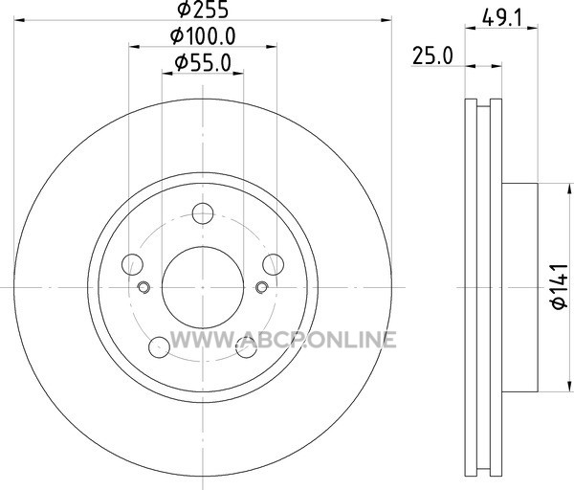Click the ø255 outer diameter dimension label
[203, 10]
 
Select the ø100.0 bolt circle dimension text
[203, 36]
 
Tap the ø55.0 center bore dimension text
[203, 62]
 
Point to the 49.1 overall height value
[501, 18]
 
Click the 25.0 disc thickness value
[432, 56]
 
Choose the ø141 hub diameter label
[561, 286]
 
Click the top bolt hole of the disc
[203, 213]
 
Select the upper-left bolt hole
[132, 264]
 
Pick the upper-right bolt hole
[273, 264]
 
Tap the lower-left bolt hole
[159, 347]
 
